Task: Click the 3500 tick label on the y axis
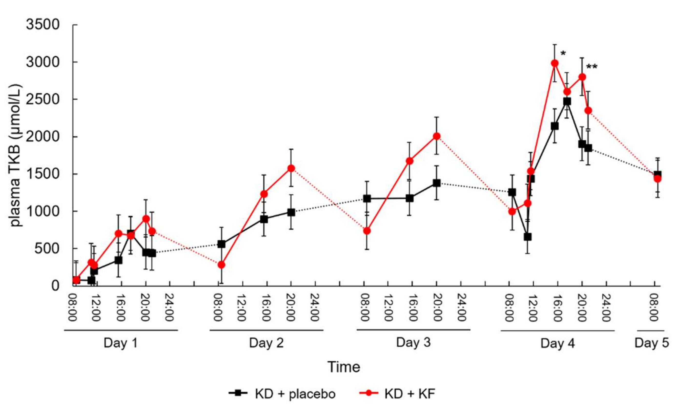[x=43, y=25]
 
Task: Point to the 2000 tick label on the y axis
[x=43, y=137]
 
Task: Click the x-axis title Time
[x=344, y=367]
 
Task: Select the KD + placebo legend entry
[x=282, y=394]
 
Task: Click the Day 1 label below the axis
[x=120, y=343]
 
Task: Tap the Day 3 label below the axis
[x=413, y=343]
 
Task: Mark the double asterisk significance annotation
[x=592, y=67]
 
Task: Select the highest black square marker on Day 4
[x=567, y=101]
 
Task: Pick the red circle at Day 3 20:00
[x=436, y=136]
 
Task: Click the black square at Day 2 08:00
[x=221, y=244]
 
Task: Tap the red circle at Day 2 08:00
[x=221, y=265]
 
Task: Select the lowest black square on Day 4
[x=527, y=237]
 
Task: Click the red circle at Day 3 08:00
[x=367, y=231]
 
